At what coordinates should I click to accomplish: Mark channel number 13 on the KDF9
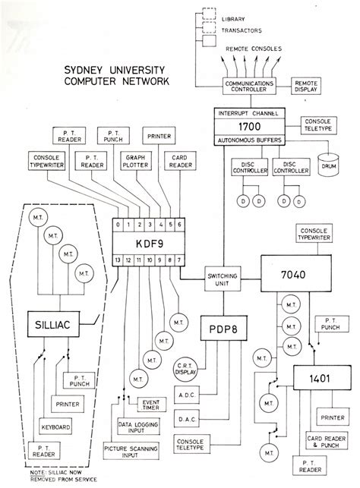coord(117,260)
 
